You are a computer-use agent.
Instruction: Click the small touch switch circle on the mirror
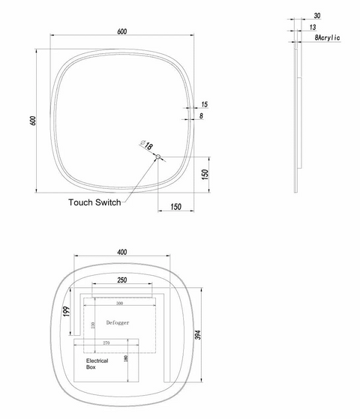157,156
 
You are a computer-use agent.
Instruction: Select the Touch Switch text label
94,202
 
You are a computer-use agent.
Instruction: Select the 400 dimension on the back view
122,253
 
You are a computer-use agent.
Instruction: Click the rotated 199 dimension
66,311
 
